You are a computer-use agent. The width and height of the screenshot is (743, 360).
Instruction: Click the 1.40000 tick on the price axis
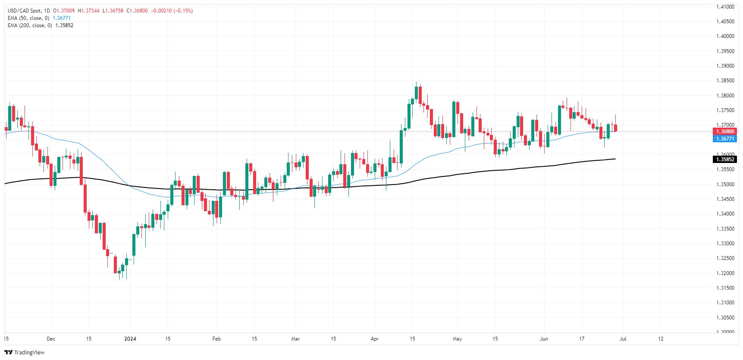pyautogui.click(x=725, y=36)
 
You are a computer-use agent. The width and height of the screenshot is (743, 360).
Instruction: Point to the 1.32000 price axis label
pyautogui.click(x=725, y=273)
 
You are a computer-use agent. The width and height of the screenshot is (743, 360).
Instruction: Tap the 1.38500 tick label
pyautogui.click(x=725, y=81)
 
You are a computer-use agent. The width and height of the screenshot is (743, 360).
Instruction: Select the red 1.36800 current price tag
pyautogui.click(x=725, y=131)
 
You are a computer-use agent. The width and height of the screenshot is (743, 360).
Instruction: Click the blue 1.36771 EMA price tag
pyautogui.click(x=725, y=139)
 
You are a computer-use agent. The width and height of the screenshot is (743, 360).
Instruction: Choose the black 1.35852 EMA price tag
pyautogui.click(x=725, y=160)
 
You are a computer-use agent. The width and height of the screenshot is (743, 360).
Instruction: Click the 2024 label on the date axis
pyautogui.click(x=130, y=339)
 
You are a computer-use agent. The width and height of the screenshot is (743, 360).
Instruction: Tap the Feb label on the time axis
pyautogui.click(x=216, y=339)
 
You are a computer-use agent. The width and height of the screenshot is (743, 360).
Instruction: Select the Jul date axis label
pyautogui.click(x=623, y=339)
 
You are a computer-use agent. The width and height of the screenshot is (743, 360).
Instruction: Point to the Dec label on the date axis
pyautogui.click(x=51, y=339)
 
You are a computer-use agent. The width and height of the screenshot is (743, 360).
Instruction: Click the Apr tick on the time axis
pyautogui.click(x=375, y=339)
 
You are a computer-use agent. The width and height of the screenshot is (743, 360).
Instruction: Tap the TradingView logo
pyautogui.click(x=25, y=352)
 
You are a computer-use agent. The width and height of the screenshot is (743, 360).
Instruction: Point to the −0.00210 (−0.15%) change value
pyautogui.click(x=172, y=11)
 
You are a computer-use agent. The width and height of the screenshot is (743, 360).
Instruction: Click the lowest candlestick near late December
pyautogui.click(x=119, y=272)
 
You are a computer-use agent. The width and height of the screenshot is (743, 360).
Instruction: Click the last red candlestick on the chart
pyautogui.click(x=615, y=128)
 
